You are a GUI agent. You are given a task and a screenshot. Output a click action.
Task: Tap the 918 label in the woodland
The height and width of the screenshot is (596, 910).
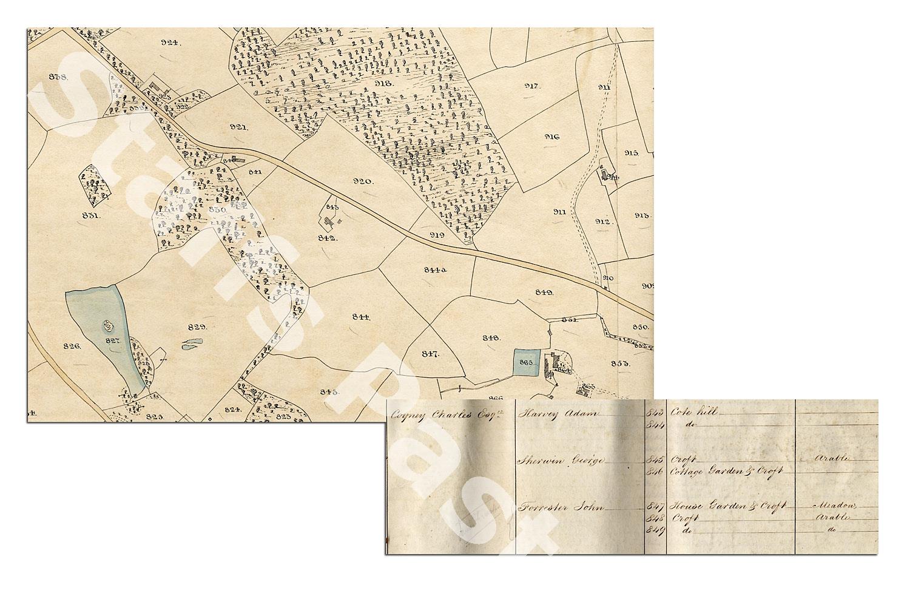(x=383, y=83)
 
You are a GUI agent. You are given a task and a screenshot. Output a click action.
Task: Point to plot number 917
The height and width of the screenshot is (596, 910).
(x=532, y=86)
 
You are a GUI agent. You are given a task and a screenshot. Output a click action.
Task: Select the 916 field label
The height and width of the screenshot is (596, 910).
(x=552, y=137)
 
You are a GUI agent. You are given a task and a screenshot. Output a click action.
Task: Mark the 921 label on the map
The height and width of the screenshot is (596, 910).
(x=239, y=127)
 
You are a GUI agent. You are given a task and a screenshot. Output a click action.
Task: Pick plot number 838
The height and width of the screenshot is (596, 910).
(x=58, y=76)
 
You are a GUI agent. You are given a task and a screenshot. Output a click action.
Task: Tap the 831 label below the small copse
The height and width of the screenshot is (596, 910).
(x=92, y=215)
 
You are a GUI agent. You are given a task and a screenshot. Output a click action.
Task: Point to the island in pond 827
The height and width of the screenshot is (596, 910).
(x=109, y=326)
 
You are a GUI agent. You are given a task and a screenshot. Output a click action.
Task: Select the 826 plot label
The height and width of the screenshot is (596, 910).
(x=72, y=345)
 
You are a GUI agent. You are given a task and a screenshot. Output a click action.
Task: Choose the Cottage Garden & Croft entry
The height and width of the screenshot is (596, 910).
(x=727, y=471)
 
